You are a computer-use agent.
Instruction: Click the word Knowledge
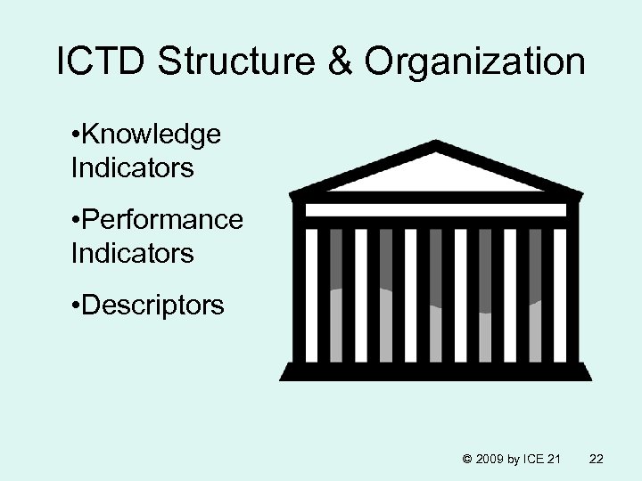click(152, 135)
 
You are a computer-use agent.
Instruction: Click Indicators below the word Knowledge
click(131, 167)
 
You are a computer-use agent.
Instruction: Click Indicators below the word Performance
click(131, 253)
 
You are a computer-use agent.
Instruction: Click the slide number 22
click(597, 459)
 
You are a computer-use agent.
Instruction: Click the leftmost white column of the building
click(312, 294)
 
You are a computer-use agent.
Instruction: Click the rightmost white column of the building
click(560, 294)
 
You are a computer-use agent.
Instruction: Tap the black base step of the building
click(435, 371)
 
